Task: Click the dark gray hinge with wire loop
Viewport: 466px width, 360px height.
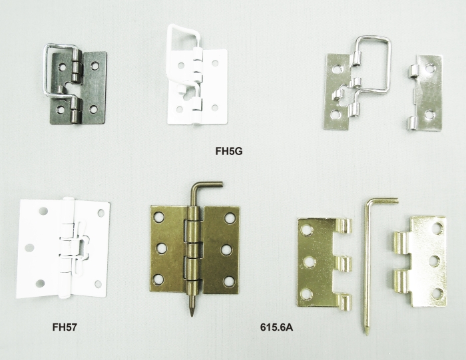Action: click(75, 84)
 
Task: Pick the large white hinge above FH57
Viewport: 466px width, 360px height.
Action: click(63, 248)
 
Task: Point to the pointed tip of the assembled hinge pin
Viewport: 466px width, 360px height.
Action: click(192, 312)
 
